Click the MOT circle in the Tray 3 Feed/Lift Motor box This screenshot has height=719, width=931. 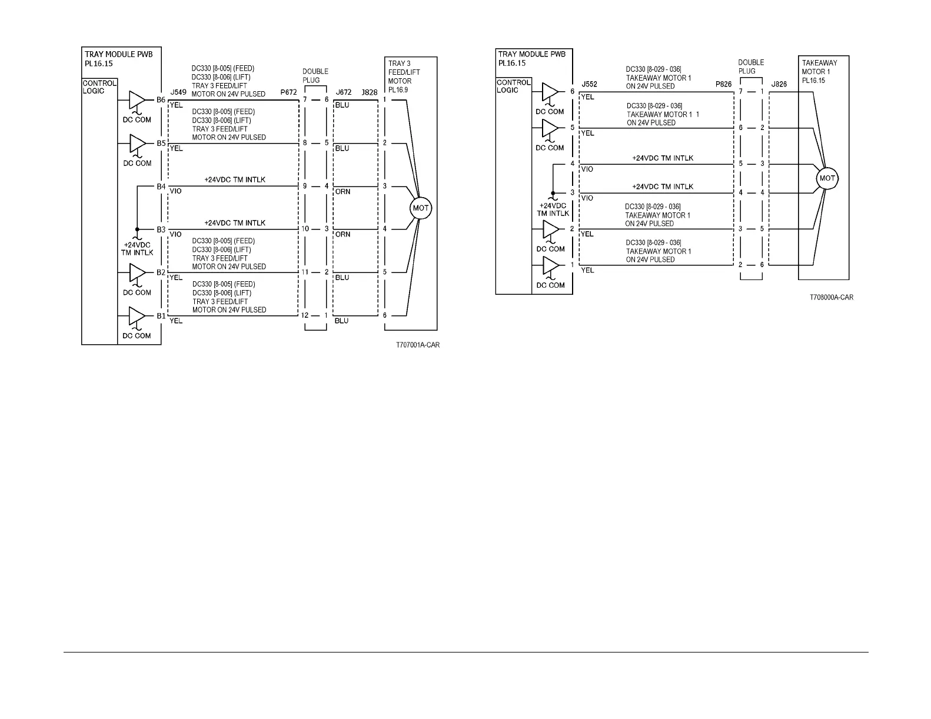421,208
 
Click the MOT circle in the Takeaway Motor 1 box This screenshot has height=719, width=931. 827,178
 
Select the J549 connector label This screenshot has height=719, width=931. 178,92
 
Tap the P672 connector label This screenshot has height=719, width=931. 288,92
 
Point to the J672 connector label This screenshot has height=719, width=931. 343,92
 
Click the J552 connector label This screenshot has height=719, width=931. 589,84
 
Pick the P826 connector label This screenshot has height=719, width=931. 723,84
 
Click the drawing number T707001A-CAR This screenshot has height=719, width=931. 417,345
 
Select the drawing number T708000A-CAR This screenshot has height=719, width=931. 830,297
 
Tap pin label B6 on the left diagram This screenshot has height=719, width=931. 161,100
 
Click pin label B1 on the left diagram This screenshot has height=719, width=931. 161,316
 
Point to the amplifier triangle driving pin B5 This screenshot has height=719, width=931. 137,143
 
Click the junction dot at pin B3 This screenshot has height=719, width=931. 137,229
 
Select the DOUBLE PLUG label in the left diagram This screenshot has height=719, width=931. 315,76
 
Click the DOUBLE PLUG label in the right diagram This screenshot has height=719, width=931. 751,66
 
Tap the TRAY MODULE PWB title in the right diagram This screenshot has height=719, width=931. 531,54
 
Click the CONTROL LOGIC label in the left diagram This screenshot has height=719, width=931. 99,87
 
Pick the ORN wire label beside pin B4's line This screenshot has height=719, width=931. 343,192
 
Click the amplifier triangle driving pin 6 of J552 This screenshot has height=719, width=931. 550,91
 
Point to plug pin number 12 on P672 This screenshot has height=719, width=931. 305,315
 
